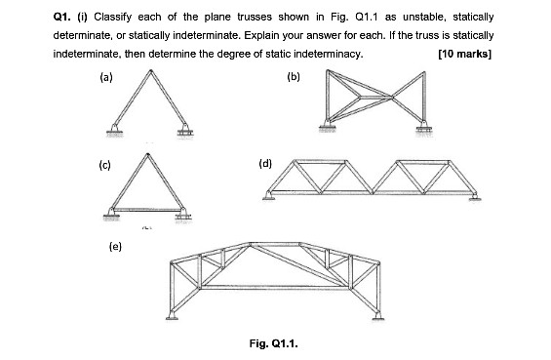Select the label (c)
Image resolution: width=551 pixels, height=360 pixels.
[x=105, y=163]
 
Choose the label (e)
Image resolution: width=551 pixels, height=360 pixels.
[x=115, y=245]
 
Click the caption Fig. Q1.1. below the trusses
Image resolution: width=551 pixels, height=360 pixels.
[x=274, y=343]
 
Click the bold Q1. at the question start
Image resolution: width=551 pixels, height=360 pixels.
[x=63, y=18]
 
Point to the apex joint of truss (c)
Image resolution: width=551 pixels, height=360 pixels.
[x=146, y=156]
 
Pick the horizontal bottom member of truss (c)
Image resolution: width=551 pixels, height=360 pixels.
[x=148, y=207]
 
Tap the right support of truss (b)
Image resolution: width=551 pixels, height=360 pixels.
[x=421, y=125]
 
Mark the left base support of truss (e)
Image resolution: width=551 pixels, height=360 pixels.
[x=173, y=314]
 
